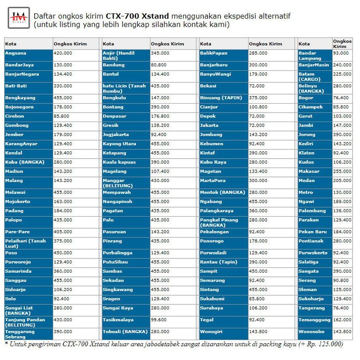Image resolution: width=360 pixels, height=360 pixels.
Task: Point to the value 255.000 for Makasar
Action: (342, 171)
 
